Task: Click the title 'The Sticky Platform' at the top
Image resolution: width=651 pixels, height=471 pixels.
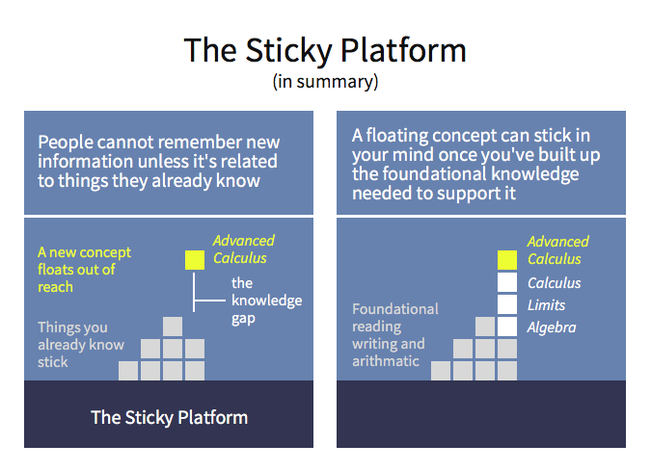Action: pyautogui.click(x=325, y=51)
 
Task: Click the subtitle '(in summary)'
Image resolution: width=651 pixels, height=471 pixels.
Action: pyautogui.click(x=325, y=82)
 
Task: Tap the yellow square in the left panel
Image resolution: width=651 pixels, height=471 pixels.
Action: pyautogui.click(x=195, y=260)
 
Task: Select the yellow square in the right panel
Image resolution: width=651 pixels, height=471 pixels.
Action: pyautogui.click(x=507, y=260)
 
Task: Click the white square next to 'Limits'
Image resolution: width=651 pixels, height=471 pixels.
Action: pyautogui.click(x=507, y=304)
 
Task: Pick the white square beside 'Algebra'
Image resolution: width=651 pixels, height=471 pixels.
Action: pyautogui.click(x=507, y=327)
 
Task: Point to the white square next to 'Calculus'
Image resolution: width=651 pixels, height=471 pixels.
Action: pyautogui.click(x=507, y=282)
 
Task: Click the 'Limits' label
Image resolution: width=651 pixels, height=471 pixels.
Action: pyautogui.click(x=546, y=305)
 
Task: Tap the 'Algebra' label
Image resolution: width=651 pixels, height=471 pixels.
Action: pyautogui.click(x=552, y=327)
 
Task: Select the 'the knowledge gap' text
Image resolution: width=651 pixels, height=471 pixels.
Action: pyautogui.click(x=266, y=301)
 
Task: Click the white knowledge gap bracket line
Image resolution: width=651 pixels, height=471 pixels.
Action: pyautogui.click(x=194, y=292)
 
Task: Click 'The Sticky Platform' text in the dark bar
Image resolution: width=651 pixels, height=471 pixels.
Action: pyautogui.click(x=169, y=417)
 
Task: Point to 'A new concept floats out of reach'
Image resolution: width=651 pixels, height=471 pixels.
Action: pyautogui.click(x=84, y=270)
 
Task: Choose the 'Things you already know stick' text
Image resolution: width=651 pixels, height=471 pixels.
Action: pyautogui.click(x=81, y=345)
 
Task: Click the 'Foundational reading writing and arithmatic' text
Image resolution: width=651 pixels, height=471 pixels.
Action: pyautogui.click(x=395, y=335)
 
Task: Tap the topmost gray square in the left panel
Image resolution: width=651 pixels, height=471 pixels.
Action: pyautogui.click(x=173, y=327)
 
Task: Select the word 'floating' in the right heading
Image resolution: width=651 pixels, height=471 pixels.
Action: pyautogui.click(x=396, y=136)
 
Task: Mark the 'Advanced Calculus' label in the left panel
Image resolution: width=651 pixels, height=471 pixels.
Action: pyautogui.click(x=244, y=249)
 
